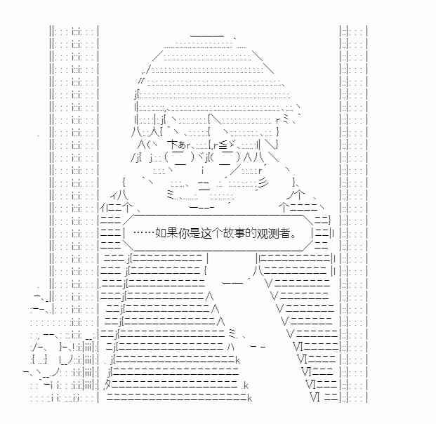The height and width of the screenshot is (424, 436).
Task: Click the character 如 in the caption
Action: [161, 233]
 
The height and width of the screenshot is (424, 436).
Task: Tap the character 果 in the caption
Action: [172, 233]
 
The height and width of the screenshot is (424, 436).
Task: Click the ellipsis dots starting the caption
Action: [143, 232]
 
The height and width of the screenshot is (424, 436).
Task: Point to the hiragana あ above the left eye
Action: [181, 145]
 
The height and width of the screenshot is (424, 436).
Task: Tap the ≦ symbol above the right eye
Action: [223, 145]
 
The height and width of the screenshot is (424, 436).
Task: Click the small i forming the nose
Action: [204, 169]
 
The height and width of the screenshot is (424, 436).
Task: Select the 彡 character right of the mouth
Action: [263, 183]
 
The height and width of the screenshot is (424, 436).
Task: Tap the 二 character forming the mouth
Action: [204, 186]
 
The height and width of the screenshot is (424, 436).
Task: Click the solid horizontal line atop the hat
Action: [207, 36]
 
